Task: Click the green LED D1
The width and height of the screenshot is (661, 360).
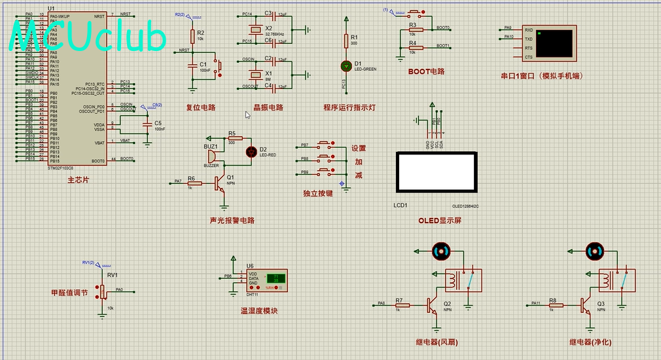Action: pos(346,66)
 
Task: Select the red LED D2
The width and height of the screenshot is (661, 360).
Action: pos(250,152)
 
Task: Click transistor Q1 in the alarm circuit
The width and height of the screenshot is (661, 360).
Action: pos(221,183)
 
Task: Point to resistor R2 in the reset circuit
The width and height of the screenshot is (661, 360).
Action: pos(192,35)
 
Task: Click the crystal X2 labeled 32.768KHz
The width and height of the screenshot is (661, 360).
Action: pos(258,30)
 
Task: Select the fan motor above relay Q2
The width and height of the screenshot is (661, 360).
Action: pos(441,250)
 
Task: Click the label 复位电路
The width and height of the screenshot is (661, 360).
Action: pos(201,107)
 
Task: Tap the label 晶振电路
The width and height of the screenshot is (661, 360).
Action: pos(268,107)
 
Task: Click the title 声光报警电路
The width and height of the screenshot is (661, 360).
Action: pos(232,221)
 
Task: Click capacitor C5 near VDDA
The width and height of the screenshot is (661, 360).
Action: pos(149,123)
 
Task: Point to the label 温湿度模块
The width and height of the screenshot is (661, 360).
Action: pos(259,310)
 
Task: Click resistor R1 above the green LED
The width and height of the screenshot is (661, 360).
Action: pos(346,41)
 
